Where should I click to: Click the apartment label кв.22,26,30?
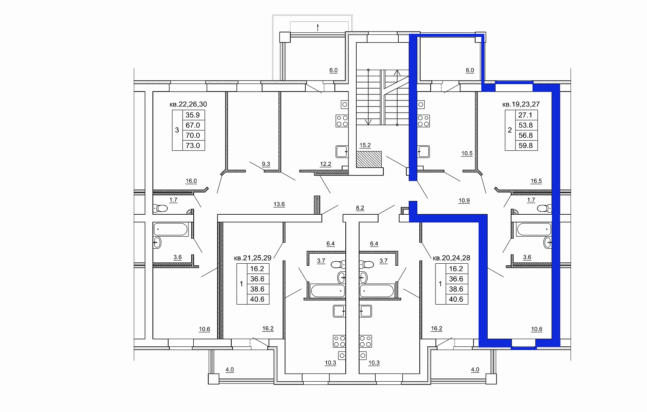188,104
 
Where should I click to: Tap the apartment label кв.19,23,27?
521,104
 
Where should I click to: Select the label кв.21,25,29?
253,258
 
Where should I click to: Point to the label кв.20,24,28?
451,258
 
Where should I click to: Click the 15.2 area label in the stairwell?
365,145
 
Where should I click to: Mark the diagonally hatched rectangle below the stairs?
369,160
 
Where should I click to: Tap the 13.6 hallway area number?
279,204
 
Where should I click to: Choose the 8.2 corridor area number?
360,208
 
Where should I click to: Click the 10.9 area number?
464,201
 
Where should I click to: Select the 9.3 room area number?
266,164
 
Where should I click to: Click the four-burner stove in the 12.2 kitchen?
342,121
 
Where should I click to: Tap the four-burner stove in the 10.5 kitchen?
423,121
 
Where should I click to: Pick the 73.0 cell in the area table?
193,145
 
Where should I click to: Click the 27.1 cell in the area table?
525,115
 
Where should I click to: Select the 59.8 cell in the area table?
526,145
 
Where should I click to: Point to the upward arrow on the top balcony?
318,28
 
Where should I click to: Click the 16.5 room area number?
536,181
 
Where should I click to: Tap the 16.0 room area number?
191,181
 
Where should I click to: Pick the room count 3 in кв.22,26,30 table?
177,130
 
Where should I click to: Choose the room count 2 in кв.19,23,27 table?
510,130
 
